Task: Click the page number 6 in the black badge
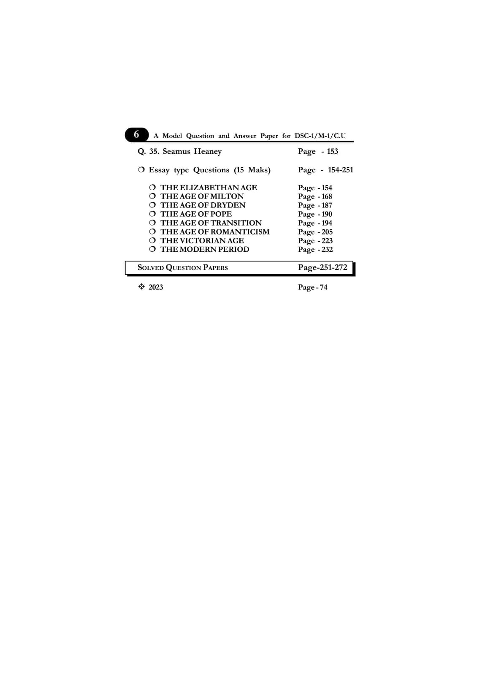click(x=136, y=134)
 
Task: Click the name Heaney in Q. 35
click(x=208, y=152)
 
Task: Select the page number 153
click(x=333, y=151)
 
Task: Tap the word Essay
click(x=159, y=170)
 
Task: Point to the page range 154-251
click(x=341, y=170)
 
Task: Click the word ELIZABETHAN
click(x=209, y=188)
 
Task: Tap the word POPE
click(x=221, y=214)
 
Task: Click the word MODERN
click(x=198, y=249)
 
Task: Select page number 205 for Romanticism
click(x=327, y=232)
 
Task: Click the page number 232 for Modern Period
click(x=327, y=249)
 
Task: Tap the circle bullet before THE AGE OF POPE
click(x=152, y=214)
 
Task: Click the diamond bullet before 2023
click(x=142, y=287)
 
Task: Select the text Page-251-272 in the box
click(x=323, y=267)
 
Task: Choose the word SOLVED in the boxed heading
click(x=151, y=267)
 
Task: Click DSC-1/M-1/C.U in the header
click(x=320, y=136)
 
